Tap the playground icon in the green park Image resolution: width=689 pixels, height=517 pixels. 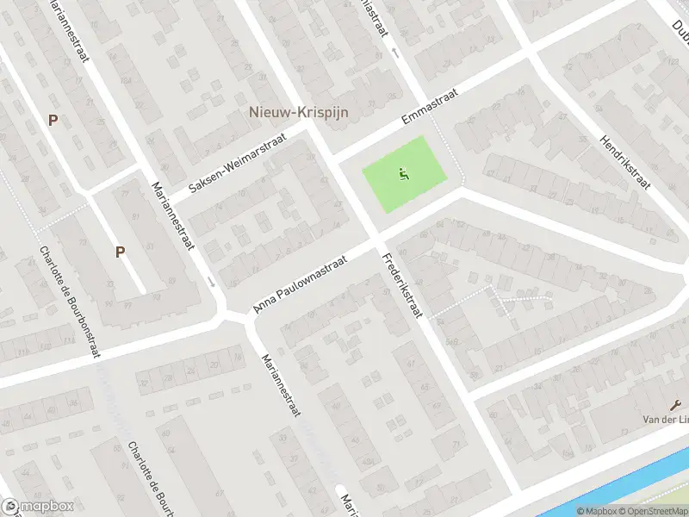click(x=402, y=175)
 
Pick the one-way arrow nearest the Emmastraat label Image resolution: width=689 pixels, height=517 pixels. click(x=394, y=53)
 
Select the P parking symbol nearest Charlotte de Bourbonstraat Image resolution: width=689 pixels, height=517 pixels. click(x=121, y=252)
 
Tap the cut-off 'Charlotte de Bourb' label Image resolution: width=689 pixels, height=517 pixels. click(x=143, y=478)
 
